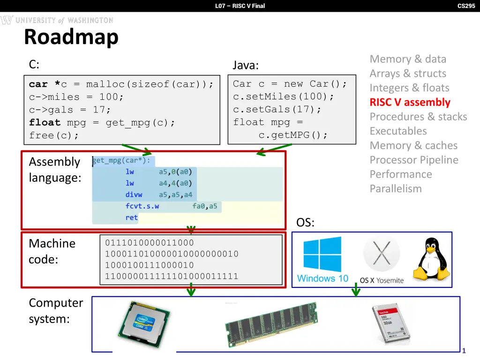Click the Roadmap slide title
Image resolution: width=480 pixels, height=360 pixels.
click(71, 37)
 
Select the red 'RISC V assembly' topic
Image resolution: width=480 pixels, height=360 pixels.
click(410, 102)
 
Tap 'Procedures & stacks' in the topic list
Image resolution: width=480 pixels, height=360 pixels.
click(418, 117)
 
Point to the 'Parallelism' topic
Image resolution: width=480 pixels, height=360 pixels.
click(396, 188)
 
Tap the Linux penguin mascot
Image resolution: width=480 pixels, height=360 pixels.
click(430, 259)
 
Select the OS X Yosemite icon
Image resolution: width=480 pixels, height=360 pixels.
click(381, 260)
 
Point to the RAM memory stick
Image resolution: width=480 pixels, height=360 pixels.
click(271, 324)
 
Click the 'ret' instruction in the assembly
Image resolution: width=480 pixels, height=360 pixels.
click(131, 217)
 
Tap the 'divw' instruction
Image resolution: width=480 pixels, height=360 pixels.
click(134, 195)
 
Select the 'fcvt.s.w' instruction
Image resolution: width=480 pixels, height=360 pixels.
click(142, 206)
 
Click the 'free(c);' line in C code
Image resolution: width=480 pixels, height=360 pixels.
click(54, 135)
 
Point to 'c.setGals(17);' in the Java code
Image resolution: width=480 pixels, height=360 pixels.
click(277, 109)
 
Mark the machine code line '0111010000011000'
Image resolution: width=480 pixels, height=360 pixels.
click(149, 243)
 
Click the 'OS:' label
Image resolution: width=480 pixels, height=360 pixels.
click(305, 223)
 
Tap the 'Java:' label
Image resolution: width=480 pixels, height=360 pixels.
click(246, 65)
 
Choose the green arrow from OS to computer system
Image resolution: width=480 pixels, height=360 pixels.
click(356, 292)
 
